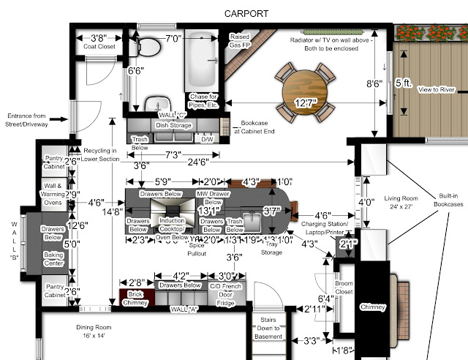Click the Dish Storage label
click(173, 125)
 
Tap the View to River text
click(437, 89)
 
